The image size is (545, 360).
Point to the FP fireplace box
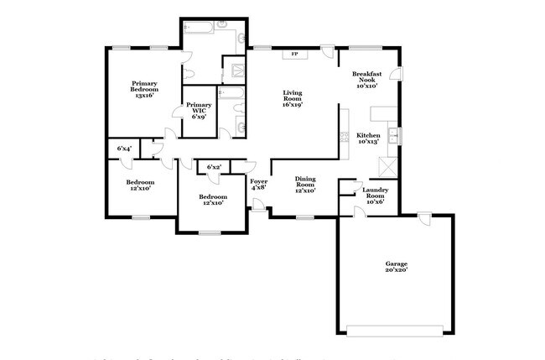pos(294,55)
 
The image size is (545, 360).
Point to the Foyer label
pos(258,183)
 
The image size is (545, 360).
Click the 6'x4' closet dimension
pos(123,149)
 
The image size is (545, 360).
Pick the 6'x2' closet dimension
pos(215,168)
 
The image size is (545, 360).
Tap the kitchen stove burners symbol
pos(344,138)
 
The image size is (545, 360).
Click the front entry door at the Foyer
pos(258,206)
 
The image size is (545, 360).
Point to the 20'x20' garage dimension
pos(396,273)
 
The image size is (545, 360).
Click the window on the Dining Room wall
pos(304,217)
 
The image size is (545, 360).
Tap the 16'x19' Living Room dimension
pos(292,104)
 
